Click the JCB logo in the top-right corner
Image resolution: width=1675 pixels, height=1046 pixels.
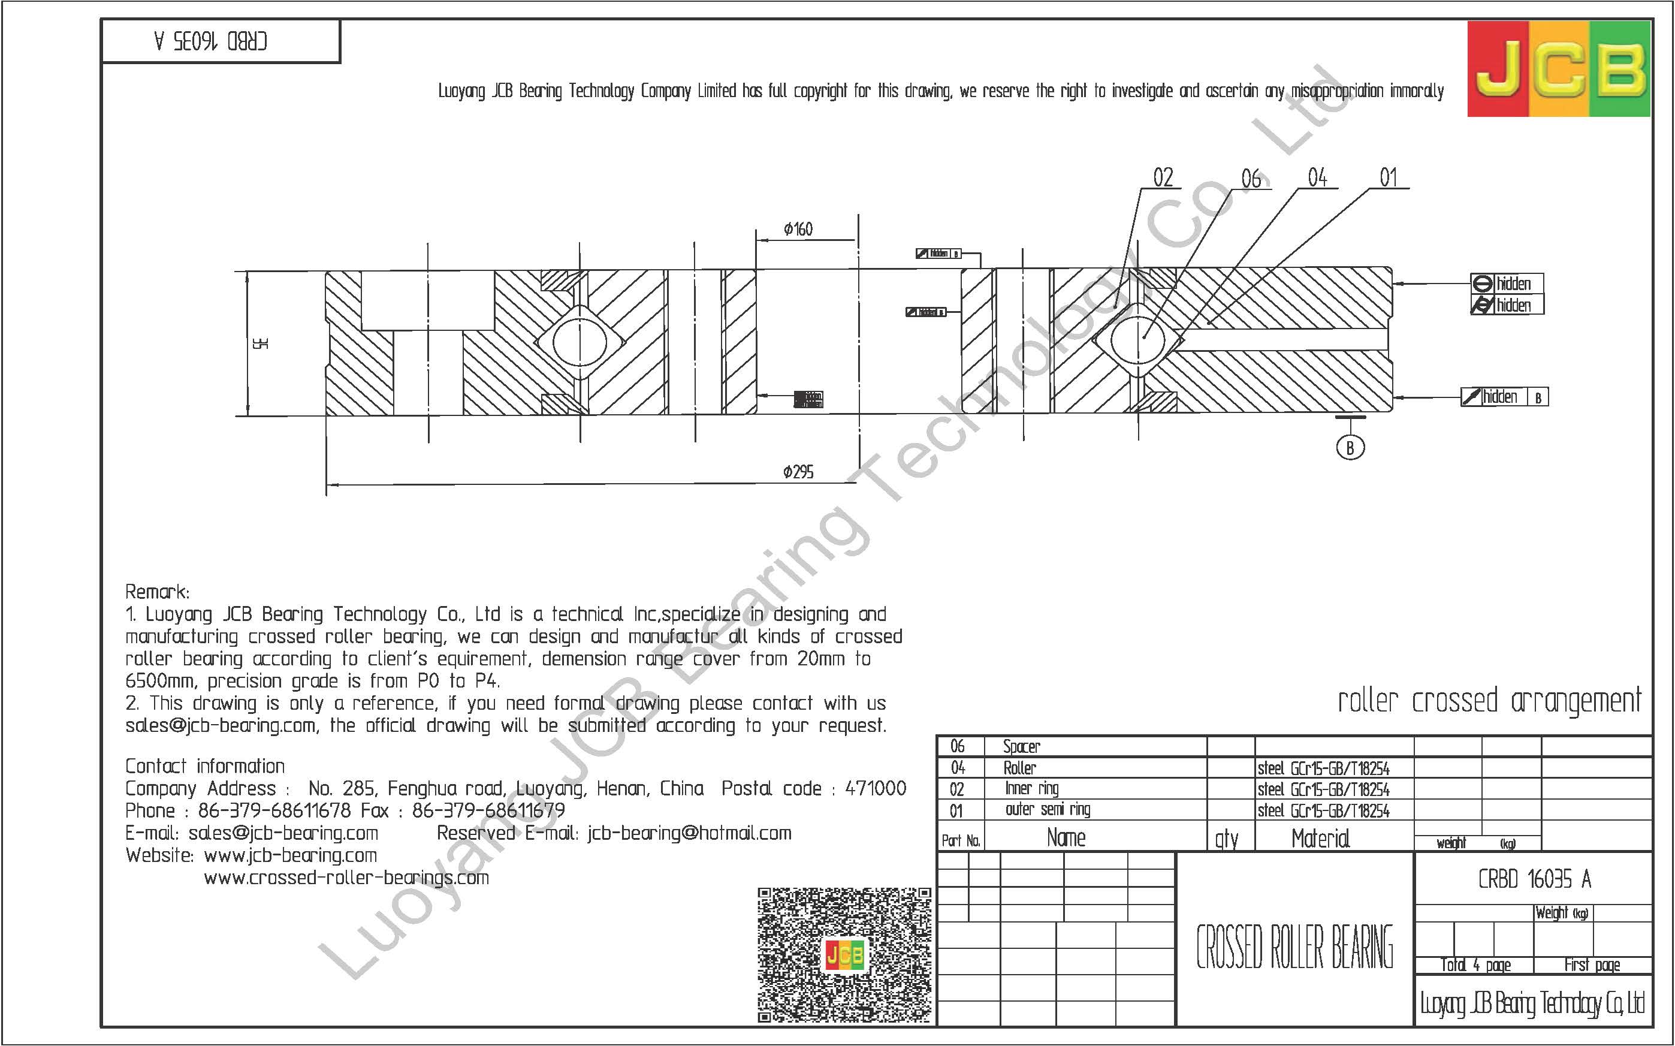(x=1558, y=68)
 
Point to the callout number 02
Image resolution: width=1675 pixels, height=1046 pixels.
(x=1163, y=178)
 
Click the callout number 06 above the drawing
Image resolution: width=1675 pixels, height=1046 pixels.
(x=1250, y=179)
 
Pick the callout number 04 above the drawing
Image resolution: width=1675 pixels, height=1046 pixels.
(x=1317, y=178)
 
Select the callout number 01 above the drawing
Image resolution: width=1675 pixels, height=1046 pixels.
(x=1388, y=178)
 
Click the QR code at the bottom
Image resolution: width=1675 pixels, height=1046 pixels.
(x=844, y=955)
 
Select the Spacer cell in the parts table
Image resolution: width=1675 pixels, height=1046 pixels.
(x=1021, y=746)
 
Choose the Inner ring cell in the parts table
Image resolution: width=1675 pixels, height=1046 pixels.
(x=1031, y=789)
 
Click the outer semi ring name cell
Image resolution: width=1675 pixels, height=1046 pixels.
(x=1047, y=809)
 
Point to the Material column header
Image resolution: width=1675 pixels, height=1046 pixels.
(x=1320, y=839)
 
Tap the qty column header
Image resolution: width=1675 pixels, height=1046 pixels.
(x=1226, y=839)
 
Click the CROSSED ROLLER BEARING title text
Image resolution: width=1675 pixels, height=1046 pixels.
(x=1294, y=947)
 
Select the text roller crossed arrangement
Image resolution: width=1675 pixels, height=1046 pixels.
(x=1489, y=701)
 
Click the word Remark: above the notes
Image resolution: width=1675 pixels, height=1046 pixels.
(x=157, y=592)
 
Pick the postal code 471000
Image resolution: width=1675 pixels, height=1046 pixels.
(x=875, y=789)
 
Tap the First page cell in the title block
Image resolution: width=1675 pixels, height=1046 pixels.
(x=1592, y=965)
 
